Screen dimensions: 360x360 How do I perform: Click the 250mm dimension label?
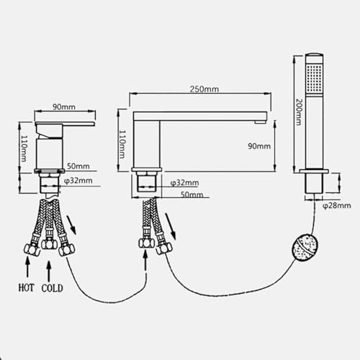(204, 89)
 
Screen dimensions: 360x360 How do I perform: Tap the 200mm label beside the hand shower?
(299, 112)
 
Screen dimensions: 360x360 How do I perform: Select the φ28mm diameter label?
(336, 206)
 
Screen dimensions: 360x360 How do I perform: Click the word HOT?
(27, 287)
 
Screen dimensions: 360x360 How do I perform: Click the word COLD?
(52, 288)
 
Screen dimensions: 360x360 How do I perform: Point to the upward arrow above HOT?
(27, 266)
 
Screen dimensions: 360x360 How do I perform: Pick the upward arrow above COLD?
(49, 271)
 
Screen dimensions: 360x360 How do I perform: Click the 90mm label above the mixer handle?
(64, 107)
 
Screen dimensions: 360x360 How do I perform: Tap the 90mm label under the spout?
(259, 146)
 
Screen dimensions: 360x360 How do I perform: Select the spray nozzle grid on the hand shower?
(314, 78)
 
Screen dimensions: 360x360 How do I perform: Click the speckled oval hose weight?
(305, 247)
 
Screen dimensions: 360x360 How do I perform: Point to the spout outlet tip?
(261, 122)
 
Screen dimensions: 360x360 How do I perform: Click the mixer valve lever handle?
(65, 124)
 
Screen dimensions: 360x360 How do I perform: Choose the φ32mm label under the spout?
(184, 183)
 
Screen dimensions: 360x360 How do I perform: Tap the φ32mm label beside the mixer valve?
(78, 181)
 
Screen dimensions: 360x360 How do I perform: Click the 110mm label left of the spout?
(122, 144)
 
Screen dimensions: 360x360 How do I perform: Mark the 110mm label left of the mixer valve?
(24, 148)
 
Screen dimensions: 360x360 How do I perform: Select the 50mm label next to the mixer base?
(78, 166)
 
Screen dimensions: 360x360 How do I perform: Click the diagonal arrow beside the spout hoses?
(170, 226)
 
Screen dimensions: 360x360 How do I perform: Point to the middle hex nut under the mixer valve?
(49, 244)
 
